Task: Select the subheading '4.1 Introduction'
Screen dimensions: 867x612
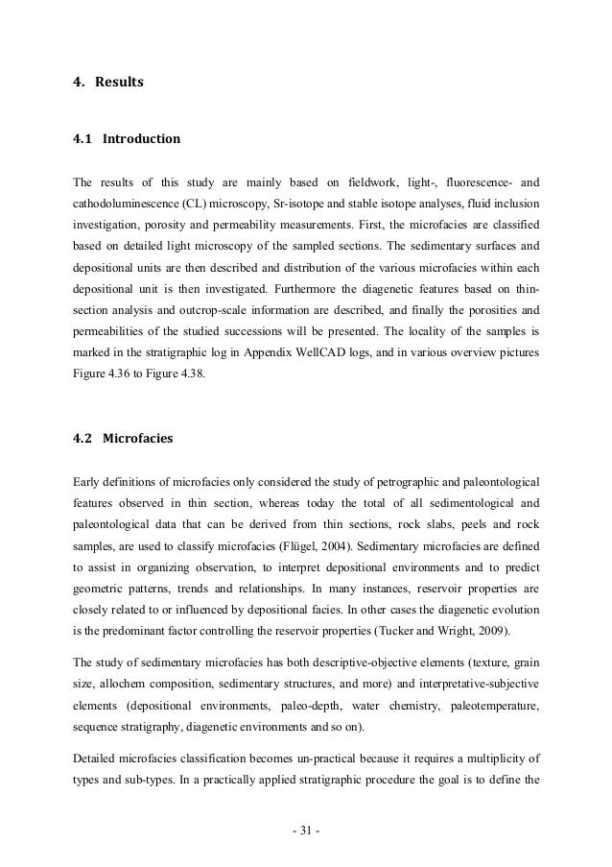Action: [126, 139]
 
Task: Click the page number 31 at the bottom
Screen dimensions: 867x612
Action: [306, 831]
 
